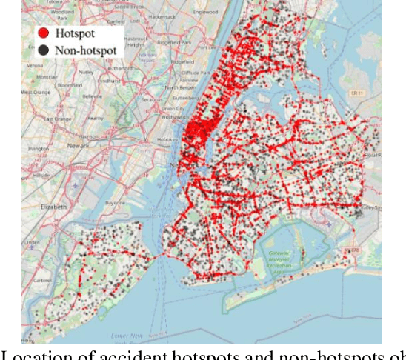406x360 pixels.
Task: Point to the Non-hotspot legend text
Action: point(87,50)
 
